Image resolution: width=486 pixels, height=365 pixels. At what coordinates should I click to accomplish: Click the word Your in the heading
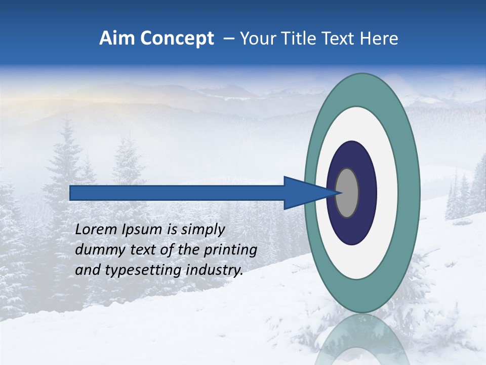pos(258,39)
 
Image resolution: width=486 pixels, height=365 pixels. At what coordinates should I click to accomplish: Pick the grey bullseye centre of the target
pos(347,193)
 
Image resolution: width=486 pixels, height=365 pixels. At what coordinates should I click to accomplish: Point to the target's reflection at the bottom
pos(361,340)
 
